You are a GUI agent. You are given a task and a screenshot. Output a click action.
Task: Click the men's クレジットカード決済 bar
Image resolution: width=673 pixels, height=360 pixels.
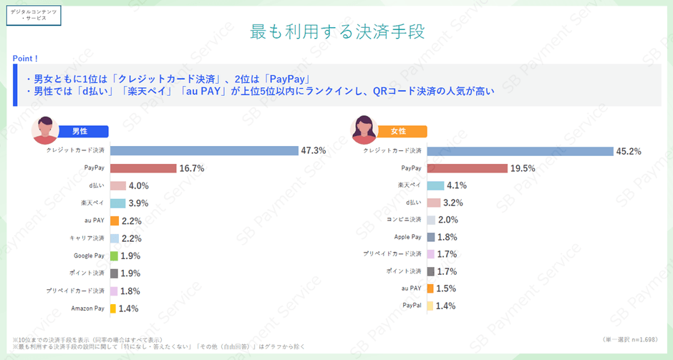[x=204, y=150]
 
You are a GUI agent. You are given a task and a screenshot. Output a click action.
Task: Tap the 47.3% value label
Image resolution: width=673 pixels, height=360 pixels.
[x=314, y=150]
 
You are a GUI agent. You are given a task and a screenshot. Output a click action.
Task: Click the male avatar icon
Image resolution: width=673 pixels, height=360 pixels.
[x=44, y=130]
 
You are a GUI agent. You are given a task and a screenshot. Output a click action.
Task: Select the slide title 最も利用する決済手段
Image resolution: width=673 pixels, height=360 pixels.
[x=336, y=31]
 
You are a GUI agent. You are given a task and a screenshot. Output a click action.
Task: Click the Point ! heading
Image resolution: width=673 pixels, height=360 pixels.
[x=26, y=58]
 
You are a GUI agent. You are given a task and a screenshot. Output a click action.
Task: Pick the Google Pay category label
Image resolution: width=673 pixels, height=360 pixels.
[x=89, y=256]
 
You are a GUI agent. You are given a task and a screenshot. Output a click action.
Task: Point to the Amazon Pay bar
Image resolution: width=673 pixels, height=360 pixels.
[x=113, y=308]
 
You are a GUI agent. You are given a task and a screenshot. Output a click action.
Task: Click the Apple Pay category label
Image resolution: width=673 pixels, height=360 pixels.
[x=407, y=237]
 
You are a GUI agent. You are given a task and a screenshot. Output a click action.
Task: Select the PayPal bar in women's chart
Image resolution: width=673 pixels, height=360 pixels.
[x=430, y=306]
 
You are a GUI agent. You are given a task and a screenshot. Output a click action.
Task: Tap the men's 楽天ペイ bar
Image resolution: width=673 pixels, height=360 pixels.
[x=118, y=203]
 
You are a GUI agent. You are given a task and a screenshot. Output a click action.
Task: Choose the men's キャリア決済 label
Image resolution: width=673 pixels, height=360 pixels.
[x=87, y=238]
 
